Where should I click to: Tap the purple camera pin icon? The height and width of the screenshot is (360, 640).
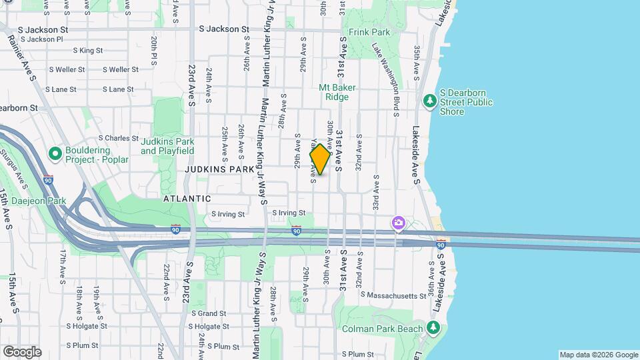coord(399,223)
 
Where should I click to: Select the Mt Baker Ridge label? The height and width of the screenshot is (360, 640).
coord(337,92)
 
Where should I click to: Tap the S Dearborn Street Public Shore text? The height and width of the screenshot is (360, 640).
coord(466,102)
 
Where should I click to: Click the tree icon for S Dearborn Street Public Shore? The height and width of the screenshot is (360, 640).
coord(430,101)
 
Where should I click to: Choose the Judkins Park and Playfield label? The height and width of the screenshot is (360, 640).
coord(167,146)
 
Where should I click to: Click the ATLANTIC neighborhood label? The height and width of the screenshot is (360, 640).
coord(187,199)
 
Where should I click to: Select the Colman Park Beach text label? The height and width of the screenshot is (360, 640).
coord(382,329)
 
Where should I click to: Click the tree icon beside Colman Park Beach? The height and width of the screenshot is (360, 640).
coord(433,327)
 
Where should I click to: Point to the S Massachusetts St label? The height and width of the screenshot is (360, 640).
coord(393,295)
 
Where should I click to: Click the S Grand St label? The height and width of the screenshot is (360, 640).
coord(209,313)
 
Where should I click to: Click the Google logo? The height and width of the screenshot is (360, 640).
coord(22,352)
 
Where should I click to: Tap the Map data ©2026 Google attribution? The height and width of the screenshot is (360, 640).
coord(599,355)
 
